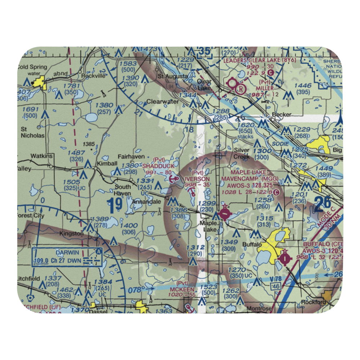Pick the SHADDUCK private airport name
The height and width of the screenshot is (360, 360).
pos(158,166)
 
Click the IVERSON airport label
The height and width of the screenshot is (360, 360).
pos(197,179)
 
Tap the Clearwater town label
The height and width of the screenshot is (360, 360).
pos(162,102)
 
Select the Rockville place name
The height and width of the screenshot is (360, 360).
pos(83,76)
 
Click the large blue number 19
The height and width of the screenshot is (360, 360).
pos(115,206)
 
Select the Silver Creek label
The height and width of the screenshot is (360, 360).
pos(242,153)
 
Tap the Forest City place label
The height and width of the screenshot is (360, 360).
pos(31,216)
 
